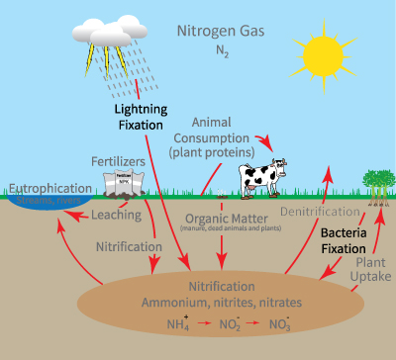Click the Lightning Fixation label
[x=141, y=118]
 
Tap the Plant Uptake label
[x=369, y=270]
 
